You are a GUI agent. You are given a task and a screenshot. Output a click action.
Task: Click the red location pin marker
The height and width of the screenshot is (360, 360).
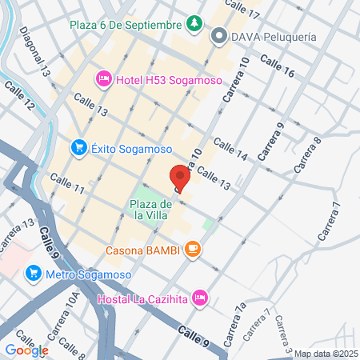[180, 178]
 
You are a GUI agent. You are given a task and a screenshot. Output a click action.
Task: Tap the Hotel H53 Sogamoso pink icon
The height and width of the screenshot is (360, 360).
[104, 78]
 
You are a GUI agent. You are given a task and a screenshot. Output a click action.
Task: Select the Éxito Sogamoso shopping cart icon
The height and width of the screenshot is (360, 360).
[78, 146]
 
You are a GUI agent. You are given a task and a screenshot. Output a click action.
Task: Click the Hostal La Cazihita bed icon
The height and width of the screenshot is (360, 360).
[200, 298]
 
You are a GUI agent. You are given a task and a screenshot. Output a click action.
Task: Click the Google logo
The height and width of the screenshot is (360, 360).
[26, 350]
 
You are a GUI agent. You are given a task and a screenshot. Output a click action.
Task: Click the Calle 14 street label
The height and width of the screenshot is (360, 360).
[232, 150]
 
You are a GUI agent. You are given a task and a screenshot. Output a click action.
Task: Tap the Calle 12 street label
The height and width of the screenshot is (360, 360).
[18, 95]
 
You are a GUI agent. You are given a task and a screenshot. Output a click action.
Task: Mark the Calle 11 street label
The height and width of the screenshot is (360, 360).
[69, 187]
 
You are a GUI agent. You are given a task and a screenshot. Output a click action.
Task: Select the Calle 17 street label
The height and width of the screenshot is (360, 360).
[243, 10]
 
